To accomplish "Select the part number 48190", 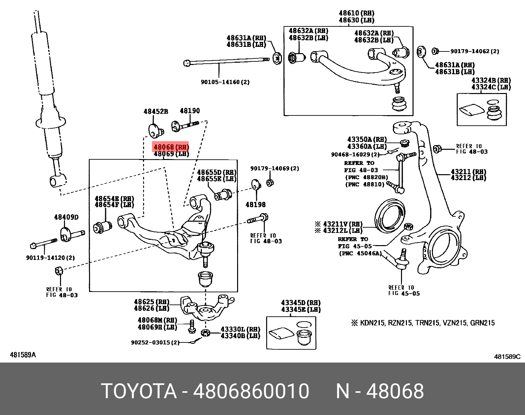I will (x=190, y=111).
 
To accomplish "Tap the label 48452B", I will (x=156, y=112).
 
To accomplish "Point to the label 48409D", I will (x=66, y=217).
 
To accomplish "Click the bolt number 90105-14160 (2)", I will (x=225, y=82).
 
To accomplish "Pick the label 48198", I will (x=256, y=205).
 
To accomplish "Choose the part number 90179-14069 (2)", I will (x=274, y=168).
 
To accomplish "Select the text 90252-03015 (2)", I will (x=155, y=342).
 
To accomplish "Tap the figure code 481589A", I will (x=23, y=355).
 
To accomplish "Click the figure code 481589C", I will (x=507, y=357).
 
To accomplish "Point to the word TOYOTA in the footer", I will (x=139, y=391).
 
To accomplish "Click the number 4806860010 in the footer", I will (x=251, y=391).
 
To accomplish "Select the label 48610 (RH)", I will (x=356, y=13).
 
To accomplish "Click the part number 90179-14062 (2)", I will (x=475, y=51).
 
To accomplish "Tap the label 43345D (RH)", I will (x=301, y=303).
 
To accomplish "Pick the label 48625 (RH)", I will (x=151, y=302).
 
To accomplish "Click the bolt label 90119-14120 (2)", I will (x=50, y=258).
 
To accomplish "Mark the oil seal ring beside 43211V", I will (x=390, y=216).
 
